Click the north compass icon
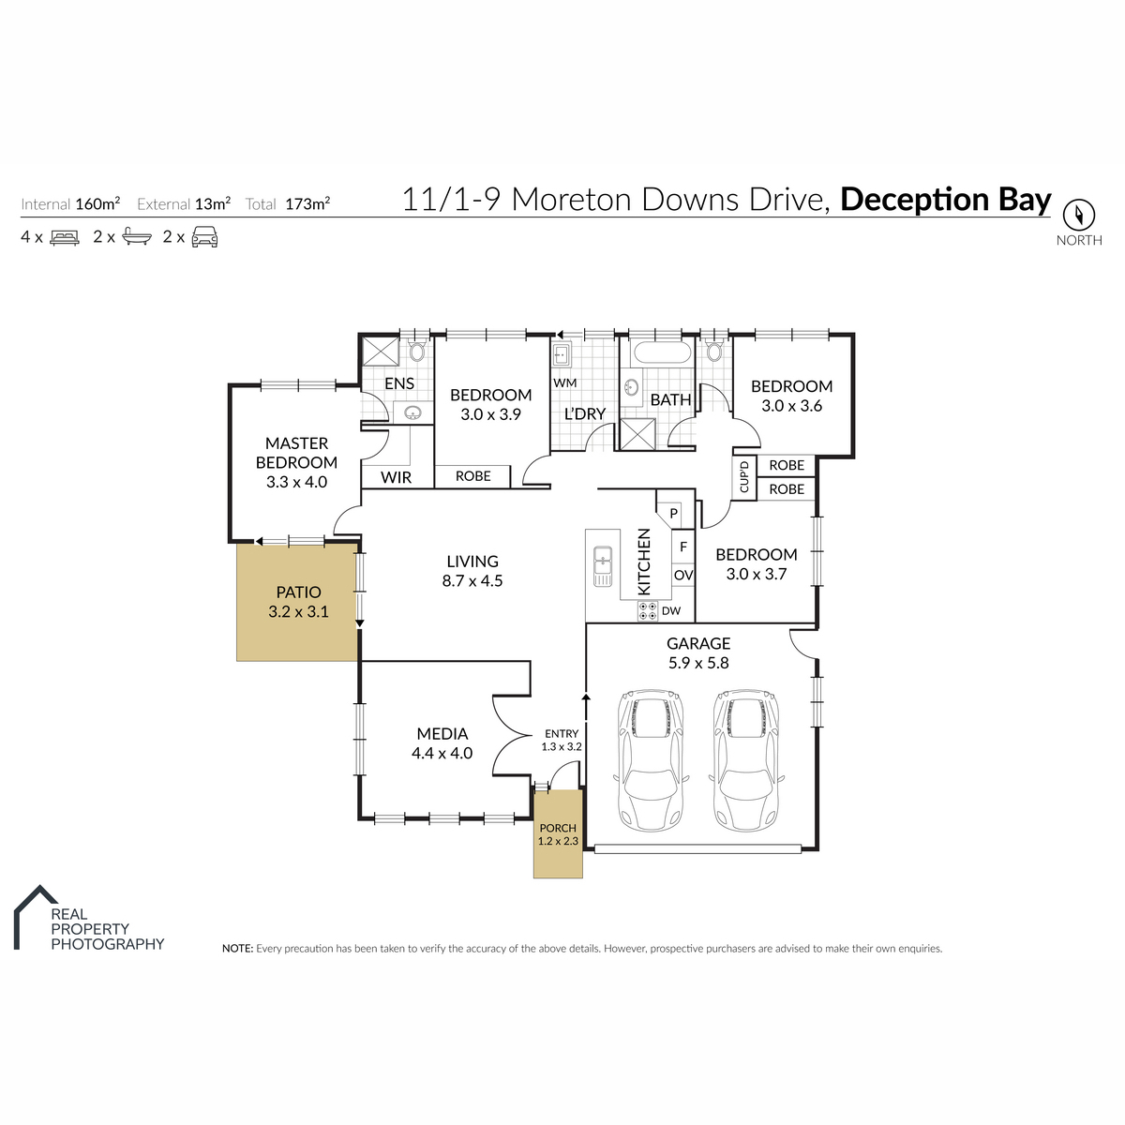1078,216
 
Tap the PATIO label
298,592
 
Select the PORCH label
558,828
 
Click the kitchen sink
603,565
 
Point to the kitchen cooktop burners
648,610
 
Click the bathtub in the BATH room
663,352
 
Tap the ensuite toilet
417,351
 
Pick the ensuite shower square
380,352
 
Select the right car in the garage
745,760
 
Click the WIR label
396,477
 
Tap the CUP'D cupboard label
743,477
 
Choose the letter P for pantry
674,513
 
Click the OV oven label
683,575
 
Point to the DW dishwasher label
671,610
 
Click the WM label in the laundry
564,383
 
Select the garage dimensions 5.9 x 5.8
698,663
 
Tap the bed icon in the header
65,237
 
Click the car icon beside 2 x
204,237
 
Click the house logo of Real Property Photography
35,917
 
